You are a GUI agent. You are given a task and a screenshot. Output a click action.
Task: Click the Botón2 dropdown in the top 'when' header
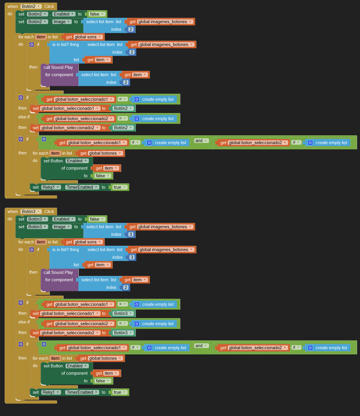coord(31,6)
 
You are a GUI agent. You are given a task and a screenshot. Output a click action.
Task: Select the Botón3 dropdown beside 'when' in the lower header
coord(31,212)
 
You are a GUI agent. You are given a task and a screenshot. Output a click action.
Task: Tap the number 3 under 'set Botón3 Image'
coord(131,234)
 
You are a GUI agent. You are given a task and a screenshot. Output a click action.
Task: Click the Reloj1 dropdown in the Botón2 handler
coord(51,187)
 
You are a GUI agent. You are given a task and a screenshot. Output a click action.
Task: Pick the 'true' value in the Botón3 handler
coord(119,392)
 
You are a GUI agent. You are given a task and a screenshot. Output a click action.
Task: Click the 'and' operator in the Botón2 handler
coord(201,141)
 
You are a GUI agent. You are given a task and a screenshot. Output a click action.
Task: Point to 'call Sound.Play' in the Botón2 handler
coord(58,67)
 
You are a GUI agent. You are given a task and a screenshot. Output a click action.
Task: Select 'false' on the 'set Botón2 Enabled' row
coord(97,14)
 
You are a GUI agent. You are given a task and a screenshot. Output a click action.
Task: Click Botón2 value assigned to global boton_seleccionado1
coord(123,108)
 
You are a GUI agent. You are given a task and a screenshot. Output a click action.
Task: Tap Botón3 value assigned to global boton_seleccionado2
coord(123,333)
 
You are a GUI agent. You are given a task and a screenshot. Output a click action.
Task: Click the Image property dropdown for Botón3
coord(62,227)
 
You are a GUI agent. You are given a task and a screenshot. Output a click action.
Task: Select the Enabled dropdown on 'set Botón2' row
coord(64,14)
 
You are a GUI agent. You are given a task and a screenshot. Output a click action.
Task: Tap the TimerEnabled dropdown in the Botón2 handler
coord(82,187)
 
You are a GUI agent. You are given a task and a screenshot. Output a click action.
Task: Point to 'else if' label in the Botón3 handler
coord(24,322)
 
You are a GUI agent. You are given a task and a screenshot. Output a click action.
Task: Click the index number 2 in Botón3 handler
coord(126,287)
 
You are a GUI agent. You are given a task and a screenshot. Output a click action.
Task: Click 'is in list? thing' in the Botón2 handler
coord(66,45)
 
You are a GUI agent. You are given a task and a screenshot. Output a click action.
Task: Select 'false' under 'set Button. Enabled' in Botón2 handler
coord(102,176)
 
